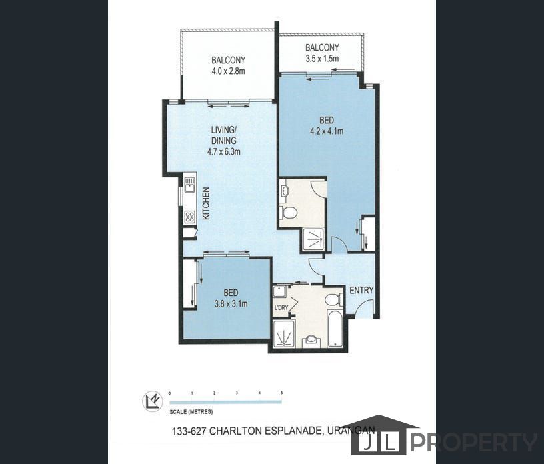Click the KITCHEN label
(206, 203)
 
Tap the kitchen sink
(189, 184)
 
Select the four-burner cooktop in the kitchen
(190, 217)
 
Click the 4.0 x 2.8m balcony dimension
(228, 71)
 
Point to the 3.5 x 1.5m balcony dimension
(322, 58)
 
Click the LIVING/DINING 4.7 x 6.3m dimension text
(224, 151)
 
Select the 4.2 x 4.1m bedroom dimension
(327, 131)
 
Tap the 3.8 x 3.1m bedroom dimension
(231, 304)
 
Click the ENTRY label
(361, 291)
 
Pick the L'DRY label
(281, 307)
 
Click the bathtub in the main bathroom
(335, 328)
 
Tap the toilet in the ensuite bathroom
(288, 212)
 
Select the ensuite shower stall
(313, 239)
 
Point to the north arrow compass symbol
(153, 401)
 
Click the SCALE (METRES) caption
(191, 412)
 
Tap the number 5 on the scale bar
(282, 393)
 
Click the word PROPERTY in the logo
(474, 443)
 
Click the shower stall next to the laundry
(284, 334)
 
